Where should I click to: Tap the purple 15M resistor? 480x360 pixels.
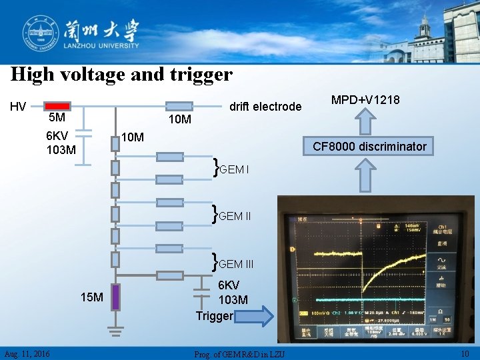point(115,297)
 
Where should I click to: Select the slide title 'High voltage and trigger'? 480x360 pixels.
point(121,74)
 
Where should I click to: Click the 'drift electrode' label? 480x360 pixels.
point(265,107)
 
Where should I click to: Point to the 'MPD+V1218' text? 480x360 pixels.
point(365,100)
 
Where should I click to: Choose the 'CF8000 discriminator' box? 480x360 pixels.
point(370,146)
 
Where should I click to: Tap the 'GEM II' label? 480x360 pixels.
point(234,216)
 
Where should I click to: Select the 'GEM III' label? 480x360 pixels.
point(235,264)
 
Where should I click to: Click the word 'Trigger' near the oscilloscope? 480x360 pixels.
point(214,315)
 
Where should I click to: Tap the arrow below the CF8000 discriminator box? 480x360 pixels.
point(365,177)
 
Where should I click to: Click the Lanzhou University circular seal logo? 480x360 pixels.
point(39,31)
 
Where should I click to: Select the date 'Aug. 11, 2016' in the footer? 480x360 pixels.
point(26,353)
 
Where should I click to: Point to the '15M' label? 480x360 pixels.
point(91,297)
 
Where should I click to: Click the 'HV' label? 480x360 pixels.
point(18,106)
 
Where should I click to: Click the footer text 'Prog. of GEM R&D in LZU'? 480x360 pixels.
point(239,353)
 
